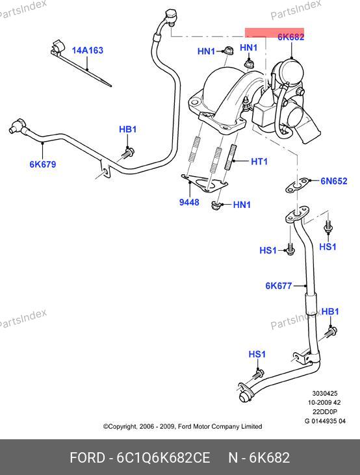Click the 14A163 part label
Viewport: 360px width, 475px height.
pos(87,50)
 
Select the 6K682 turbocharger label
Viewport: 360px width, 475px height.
pos(291,36)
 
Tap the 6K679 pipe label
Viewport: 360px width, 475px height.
pos(43,164)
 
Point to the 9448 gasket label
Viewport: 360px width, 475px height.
pos(189,202)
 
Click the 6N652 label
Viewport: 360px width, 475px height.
pos(334,181)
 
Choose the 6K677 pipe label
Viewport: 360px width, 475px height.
pos(279,286)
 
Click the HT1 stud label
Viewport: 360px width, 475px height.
pos(259,161)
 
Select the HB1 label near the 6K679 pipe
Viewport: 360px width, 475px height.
pos(127,129)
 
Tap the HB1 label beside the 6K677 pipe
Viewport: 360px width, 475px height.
pos(330,311)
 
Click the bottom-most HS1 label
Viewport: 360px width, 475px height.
pos(257,354)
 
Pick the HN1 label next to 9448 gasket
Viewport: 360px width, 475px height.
pos(242,205)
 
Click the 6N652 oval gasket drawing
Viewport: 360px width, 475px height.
pos(298,185)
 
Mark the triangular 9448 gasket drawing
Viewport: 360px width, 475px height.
pos(205,183)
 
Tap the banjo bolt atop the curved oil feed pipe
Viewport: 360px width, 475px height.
pos(172,15)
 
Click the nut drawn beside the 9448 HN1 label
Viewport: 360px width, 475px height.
pos(216,206)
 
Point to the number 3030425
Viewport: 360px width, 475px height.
pos(325,394)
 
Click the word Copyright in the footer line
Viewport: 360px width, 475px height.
pos(120,426)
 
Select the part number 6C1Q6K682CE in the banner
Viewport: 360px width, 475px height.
pos(163,457)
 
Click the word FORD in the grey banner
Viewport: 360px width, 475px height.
pos(88,457)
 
